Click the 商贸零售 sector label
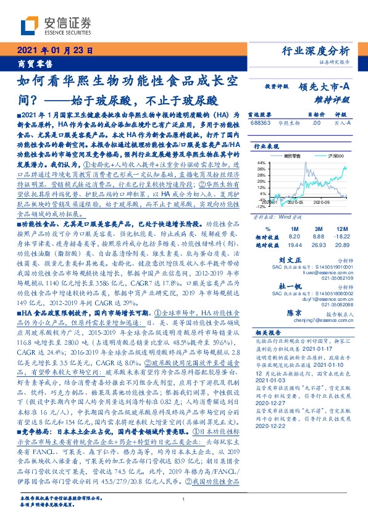coord(30,63)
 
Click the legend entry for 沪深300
coord(323,158)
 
